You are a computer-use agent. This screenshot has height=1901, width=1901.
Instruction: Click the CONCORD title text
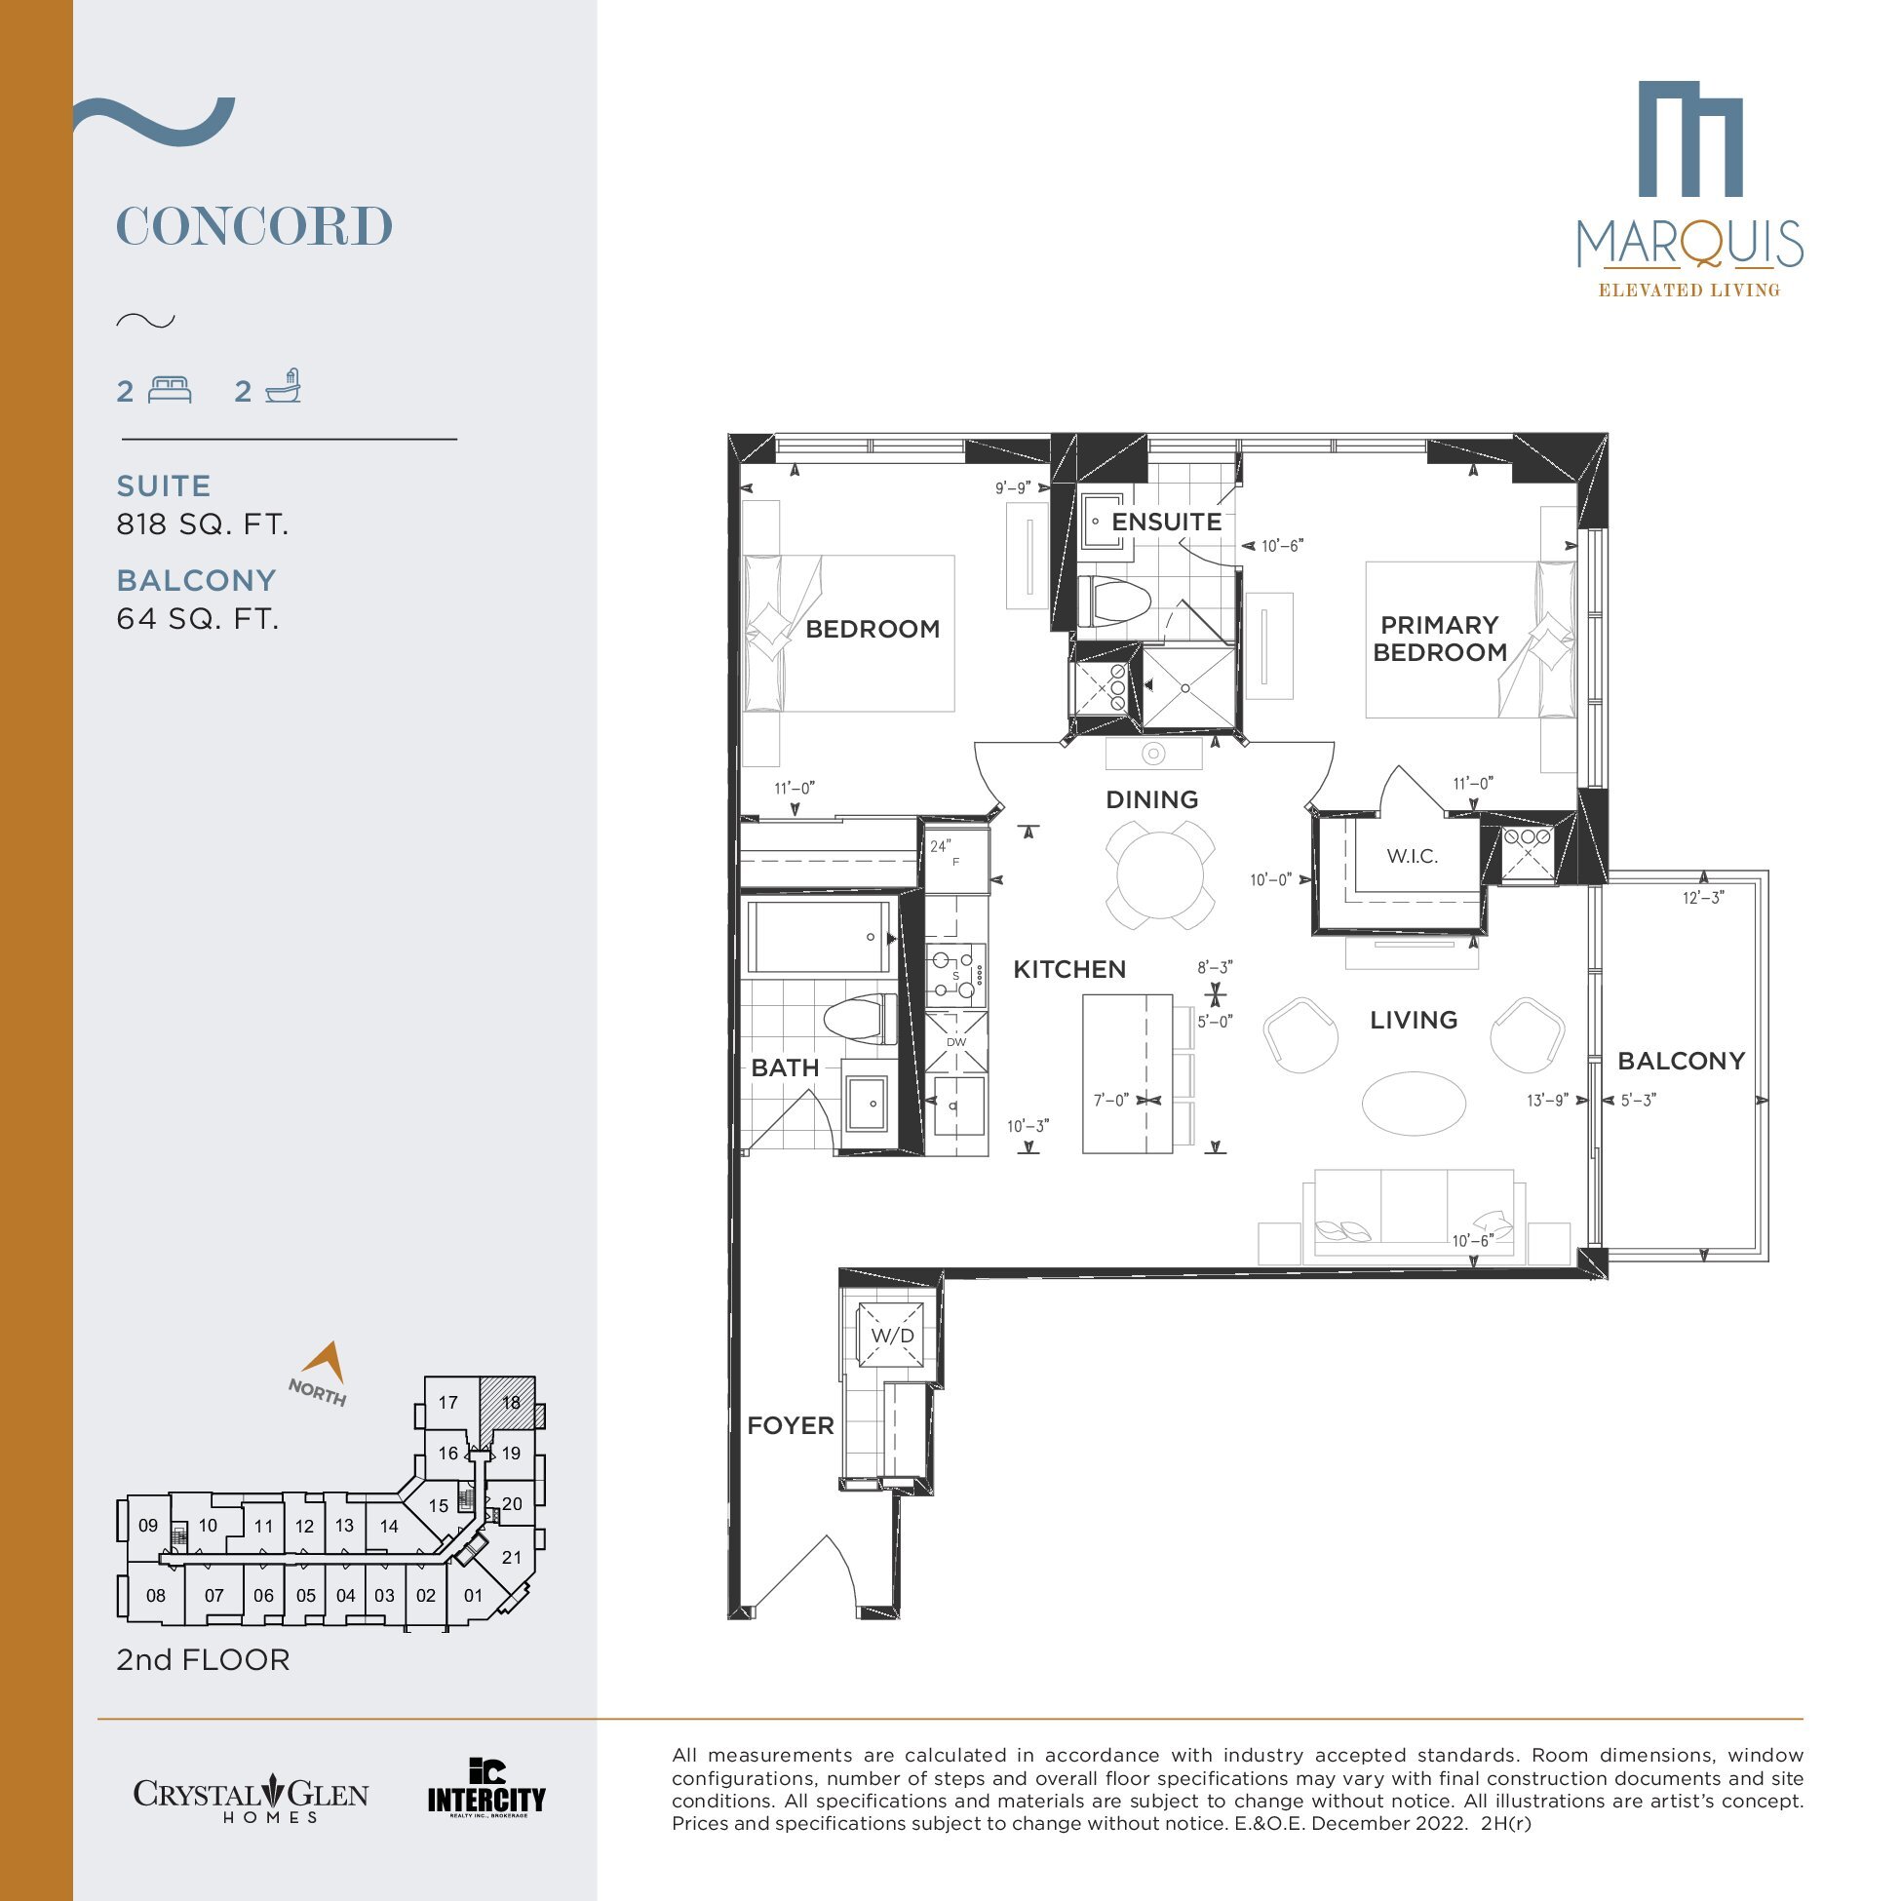(254, 226)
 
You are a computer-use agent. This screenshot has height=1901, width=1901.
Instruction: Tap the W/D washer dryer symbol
(891, 1336)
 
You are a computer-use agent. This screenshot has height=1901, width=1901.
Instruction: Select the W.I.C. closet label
(1412, 856)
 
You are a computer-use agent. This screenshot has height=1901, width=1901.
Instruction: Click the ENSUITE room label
(1166, 522)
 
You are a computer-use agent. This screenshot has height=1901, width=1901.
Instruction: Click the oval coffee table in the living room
(1414, 1103)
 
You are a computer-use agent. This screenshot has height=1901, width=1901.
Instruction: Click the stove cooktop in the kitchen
(955, 975)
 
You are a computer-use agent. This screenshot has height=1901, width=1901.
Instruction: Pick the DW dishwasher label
(955, 1042)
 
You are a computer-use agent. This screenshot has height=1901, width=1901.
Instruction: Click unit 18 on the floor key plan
(511, 1403)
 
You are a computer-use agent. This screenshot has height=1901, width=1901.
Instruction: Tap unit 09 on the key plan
(147, 1526)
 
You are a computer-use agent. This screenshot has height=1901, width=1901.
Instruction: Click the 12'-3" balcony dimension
(1703, 897)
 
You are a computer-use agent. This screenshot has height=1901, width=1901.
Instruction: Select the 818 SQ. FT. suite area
(203, 524)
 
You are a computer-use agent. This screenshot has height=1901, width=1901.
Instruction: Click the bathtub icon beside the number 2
(284, 387)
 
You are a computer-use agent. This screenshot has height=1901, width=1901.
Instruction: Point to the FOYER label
(790, 1424)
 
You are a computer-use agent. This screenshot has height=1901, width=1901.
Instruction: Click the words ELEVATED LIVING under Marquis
(1688, 291)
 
